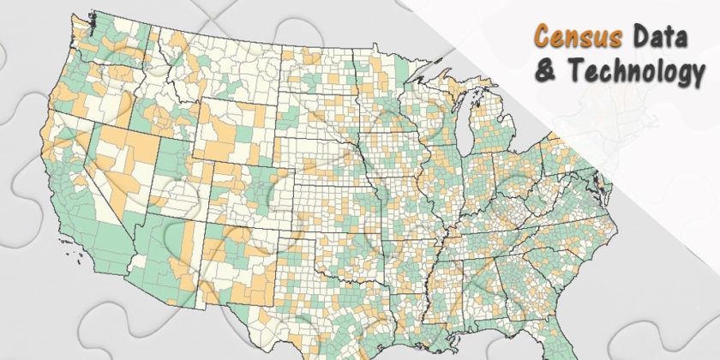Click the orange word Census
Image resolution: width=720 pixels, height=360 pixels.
(568, 37)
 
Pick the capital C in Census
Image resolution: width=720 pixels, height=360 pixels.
(542, 37)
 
